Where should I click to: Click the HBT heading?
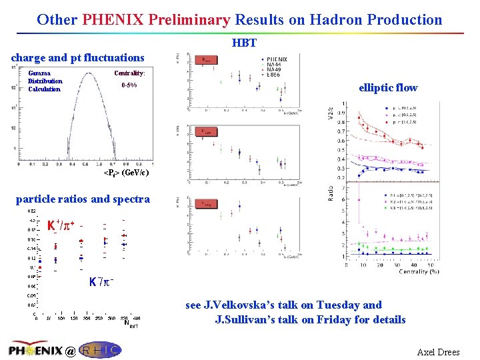click(244, 43)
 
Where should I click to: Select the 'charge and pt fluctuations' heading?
click(77, 58)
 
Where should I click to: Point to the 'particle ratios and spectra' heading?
click(83, 199)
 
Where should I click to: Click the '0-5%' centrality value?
click(129, 85)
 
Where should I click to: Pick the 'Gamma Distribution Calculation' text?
click(45, 81)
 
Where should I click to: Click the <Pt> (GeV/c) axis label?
click(121, 173)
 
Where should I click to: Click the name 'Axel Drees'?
click(438, 352)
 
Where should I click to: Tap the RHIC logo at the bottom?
click(100, 350)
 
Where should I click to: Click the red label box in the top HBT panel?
click(208, 60)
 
